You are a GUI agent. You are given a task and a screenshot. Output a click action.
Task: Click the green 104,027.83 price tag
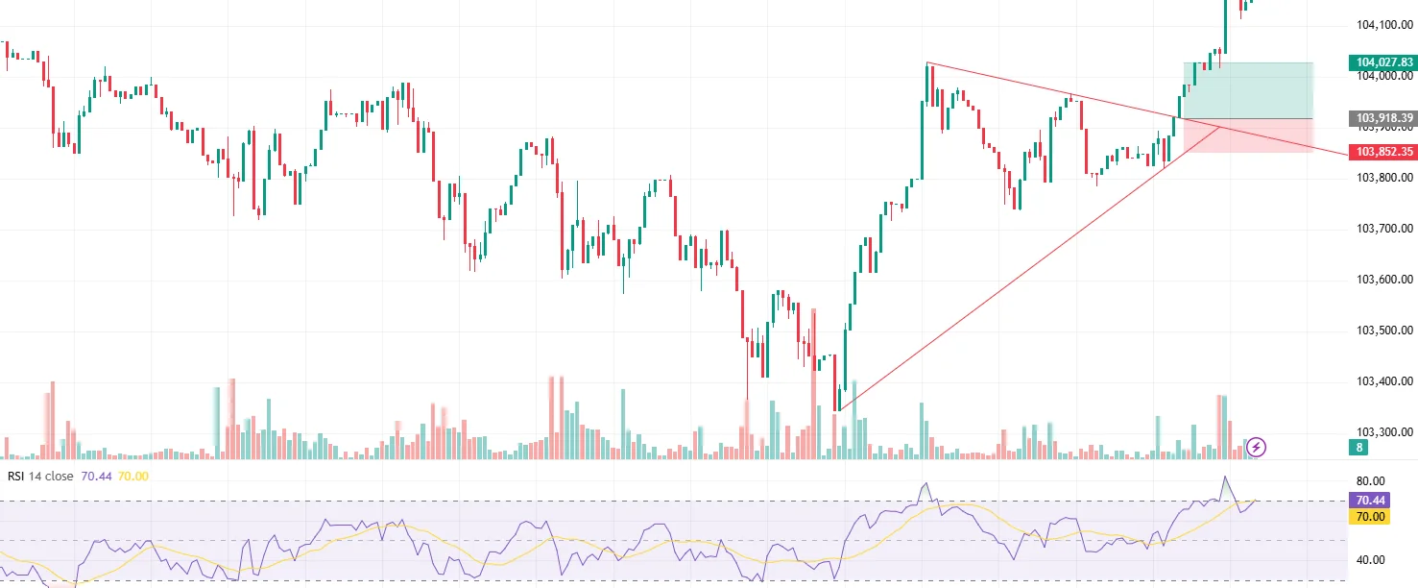[1383, 62]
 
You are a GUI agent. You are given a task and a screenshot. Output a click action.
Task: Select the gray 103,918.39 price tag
[1383, 118]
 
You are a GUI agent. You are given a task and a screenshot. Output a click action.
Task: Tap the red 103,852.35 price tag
[1383, 152]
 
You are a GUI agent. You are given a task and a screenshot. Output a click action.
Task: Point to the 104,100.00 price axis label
[1383, 25]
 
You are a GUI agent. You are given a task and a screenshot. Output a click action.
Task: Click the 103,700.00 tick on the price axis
[1383, 229]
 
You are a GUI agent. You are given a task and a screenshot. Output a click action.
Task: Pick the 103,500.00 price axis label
[1383, 331]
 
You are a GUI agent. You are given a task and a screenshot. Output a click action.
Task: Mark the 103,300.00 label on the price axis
[1383, 432]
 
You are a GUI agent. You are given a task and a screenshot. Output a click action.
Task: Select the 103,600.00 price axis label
[1383, 280]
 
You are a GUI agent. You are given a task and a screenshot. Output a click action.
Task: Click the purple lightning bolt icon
[1257, 447]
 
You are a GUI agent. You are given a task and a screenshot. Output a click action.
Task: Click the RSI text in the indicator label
[15, 476]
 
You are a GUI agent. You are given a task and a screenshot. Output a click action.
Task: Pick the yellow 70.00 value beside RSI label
[133, 476]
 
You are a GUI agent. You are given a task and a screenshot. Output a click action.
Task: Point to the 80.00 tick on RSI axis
[1371, 481]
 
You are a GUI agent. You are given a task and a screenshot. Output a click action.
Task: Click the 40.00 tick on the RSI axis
[1371, 560]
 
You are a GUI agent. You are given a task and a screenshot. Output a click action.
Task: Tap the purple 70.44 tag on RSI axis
[1367, 501]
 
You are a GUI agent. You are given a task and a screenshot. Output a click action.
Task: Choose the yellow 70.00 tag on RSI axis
[1367, 517]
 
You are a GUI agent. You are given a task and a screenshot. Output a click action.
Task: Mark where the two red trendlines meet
[1220, 126]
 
